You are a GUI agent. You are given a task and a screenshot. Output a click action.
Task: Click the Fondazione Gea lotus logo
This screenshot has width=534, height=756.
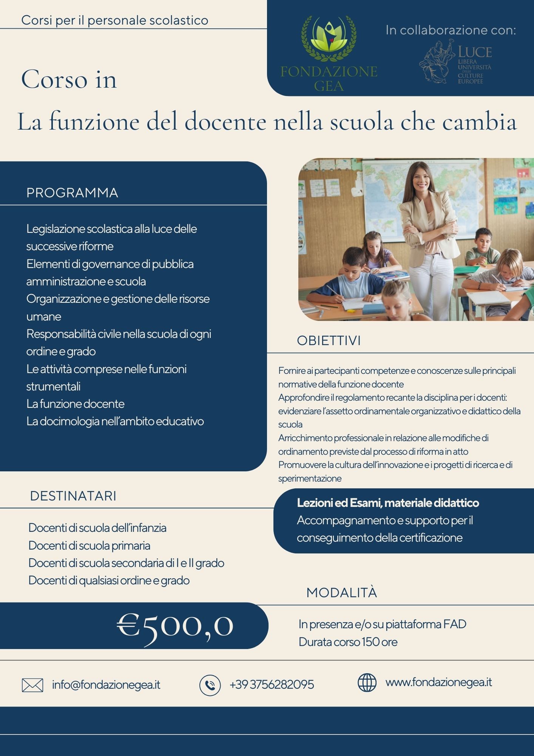coord(329,38)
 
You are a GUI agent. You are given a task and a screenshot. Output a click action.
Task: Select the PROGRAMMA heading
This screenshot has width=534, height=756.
coord(72,193)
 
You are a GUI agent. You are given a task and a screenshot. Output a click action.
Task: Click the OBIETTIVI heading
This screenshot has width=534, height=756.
coord(329,341)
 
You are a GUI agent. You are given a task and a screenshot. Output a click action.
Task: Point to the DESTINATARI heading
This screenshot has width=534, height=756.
coord(73,496)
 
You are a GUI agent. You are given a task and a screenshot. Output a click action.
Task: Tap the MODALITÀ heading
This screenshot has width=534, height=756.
coord(341,592)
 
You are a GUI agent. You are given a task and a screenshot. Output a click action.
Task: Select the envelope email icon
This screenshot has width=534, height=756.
coord(32,685)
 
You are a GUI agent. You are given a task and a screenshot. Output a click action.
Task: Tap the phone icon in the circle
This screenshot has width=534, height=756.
coord(210,685)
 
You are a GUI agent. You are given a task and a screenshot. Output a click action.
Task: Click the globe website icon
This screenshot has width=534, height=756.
coord(367,683)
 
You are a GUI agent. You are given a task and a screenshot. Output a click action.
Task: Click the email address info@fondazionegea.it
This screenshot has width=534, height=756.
coord(106,685)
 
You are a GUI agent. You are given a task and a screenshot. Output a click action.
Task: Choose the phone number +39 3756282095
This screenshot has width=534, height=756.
coord(272,685)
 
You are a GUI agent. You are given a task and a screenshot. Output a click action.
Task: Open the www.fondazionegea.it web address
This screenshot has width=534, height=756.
coord(438,682)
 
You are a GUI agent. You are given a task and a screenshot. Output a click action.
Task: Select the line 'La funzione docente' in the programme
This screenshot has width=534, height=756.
coord(75,404)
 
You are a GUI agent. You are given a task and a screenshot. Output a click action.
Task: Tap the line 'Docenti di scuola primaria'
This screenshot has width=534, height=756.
coord(89,545)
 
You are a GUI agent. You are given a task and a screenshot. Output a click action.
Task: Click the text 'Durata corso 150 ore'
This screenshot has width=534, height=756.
coord(348,642)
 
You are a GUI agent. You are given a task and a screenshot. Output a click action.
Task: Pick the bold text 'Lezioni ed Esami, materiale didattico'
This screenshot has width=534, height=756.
coord(388,503)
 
